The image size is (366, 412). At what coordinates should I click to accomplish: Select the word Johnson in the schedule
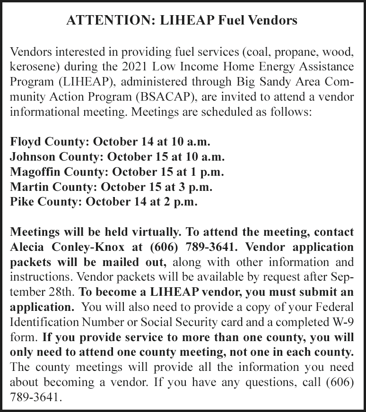coord(31,155)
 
